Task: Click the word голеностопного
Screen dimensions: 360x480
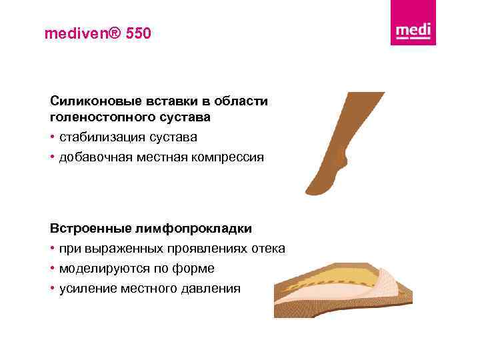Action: point(101,117)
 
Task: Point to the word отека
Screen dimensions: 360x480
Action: point(269,249)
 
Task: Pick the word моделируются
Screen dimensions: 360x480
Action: point(99,269)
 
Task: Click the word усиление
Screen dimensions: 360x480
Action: point(85,289)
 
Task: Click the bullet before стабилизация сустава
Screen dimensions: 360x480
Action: point(53,137)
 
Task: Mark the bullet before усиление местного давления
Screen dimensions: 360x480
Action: point(53,289)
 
